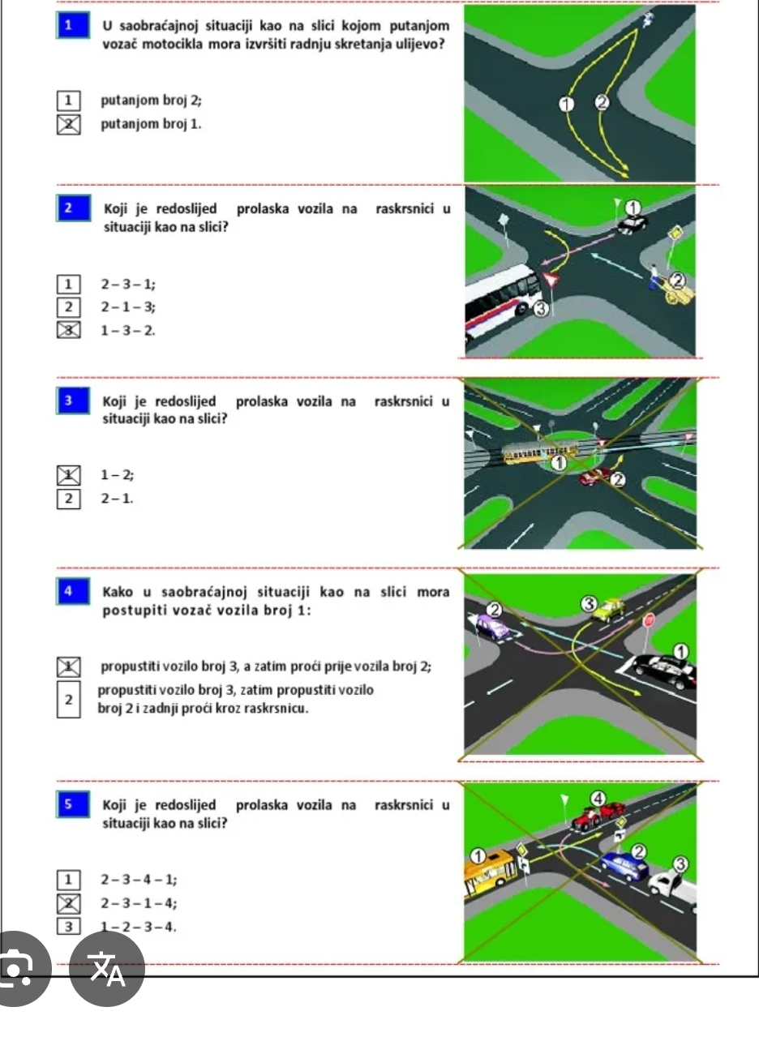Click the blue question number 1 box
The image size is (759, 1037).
click(73, 25)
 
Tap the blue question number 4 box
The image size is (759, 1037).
click(73, 591)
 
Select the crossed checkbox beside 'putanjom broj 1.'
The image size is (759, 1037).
click(69, 125)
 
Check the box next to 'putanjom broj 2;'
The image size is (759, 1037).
click(69, 100)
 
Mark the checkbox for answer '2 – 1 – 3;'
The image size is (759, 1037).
click(69, 307)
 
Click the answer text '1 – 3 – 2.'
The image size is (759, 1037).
click(128, 331)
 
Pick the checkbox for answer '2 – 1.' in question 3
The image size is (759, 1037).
click(69, 499)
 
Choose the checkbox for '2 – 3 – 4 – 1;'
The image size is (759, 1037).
click(69, 880)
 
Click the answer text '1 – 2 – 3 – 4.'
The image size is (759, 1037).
click(139, 927)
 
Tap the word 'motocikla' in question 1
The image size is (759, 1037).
click(173, 45)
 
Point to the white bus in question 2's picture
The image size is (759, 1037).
click(503, 302)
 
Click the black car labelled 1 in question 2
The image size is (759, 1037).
click(632, 224)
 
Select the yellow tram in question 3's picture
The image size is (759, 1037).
click(540, 452)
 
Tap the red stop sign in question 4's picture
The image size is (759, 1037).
click(649, 620)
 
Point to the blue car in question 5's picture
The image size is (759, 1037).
click(624, 866)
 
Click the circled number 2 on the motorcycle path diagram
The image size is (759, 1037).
click(602, 102)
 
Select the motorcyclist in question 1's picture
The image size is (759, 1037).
click(648, 19)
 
